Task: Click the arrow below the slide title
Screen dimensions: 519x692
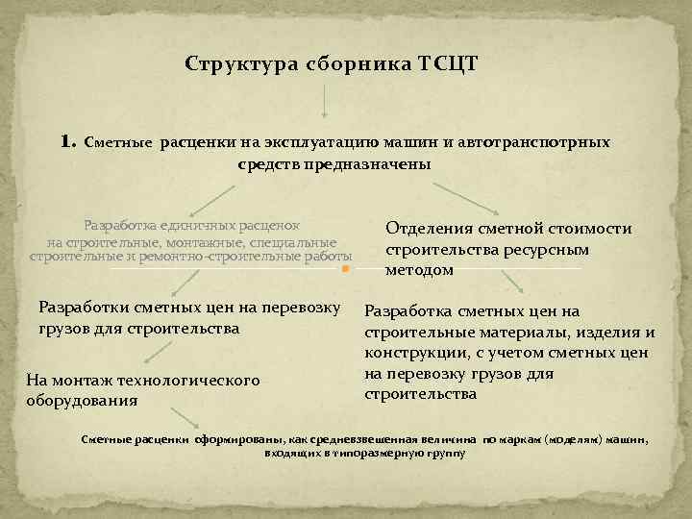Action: [x=325, y=99]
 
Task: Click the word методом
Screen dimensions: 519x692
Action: [x=419, y=271]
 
